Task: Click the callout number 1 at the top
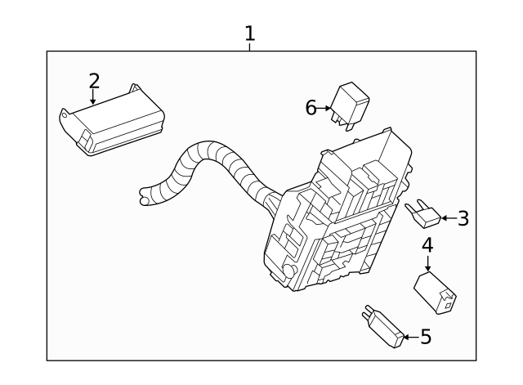pos(250,34)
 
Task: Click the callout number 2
pos(94,80)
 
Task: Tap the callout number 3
pos(463,218)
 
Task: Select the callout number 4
pos(427,244)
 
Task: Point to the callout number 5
pos(425,336)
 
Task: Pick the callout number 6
pos(311,107)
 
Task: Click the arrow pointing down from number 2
pos(94,98)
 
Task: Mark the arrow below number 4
pos(427,263)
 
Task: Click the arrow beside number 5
pos(408,336)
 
